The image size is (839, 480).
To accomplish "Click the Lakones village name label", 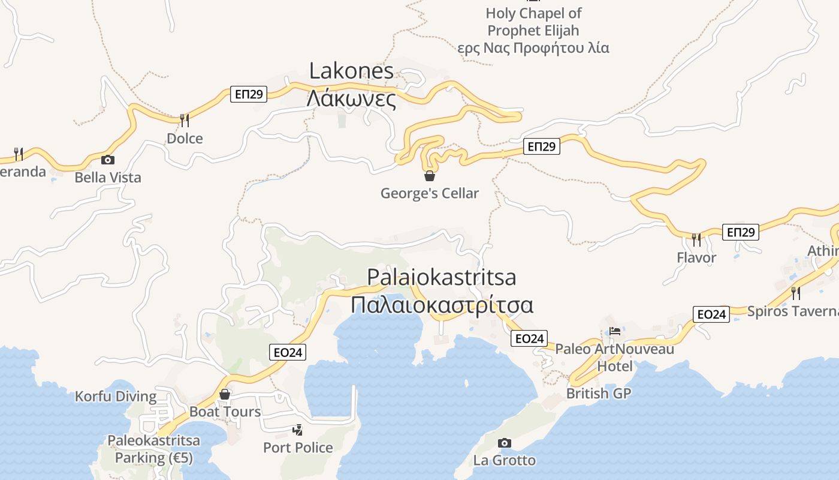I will coord(351,71).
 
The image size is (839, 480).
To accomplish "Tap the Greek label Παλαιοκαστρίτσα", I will coord(442,305).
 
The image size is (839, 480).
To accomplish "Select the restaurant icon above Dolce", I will coord(185,121).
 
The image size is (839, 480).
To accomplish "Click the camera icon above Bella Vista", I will coord(108,160).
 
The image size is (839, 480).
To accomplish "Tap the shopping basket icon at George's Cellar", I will coord(429,176).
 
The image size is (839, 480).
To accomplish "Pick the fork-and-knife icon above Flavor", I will coord(696,240).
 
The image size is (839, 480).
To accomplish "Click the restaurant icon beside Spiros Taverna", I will coord(795,293).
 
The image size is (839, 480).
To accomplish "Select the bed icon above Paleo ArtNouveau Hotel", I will coord(615,331).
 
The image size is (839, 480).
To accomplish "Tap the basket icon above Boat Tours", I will coord(225,394).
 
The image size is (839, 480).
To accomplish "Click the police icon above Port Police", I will coord(297,430).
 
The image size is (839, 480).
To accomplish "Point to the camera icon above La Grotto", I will coord(505,443).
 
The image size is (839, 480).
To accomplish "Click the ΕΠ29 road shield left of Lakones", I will coord(248,94).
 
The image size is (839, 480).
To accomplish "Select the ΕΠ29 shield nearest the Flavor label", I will coord(740,232).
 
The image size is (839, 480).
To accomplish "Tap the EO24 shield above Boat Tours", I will coord(287,352).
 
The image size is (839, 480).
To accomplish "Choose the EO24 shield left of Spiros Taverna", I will coord(711,314).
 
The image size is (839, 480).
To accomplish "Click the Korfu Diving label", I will coord(116,397).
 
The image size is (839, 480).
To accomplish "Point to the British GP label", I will coord(599,394).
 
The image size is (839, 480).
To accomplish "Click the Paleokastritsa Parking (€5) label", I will coord(153,449).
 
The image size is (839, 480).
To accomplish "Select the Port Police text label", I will coord(298,448).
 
